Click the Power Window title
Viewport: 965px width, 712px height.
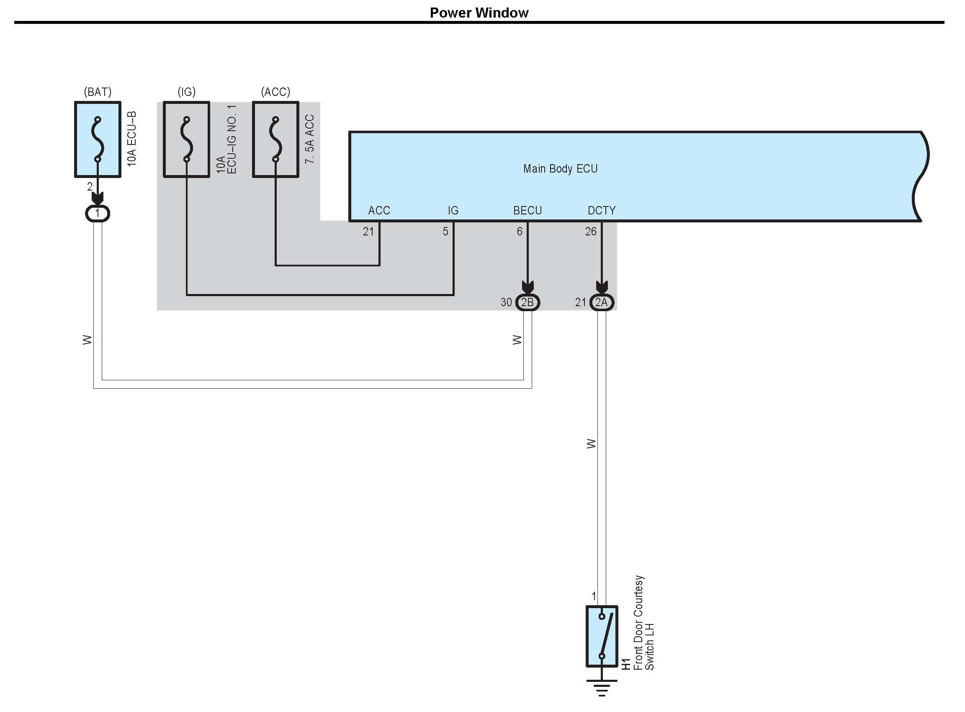click(x=479, y=13)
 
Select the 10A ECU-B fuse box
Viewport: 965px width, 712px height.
click(x=98, y=139)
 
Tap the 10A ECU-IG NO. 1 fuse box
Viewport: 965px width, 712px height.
click(x=187, y=139)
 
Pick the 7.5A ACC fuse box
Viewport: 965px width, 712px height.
click(x=275, y=139)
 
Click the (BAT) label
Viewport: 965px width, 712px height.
click(x=98, y=92)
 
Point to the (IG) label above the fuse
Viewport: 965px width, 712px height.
click(x=187, y=92)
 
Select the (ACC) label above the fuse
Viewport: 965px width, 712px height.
click(x=275, y=92)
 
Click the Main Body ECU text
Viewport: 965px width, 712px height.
click(x=560, y=168)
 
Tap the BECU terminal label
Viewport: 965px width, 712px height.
click(x=528, y=210)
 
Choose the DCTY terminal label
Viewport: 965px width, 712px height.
click(x=602, y=210)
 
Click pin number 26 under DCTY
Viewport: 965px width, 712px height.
click(x=591, y=232)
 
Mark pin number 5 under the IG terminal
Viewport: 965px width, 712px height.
click(x=445, y=232)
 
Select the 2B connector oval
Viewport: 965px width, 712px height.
click(x=528, y=302)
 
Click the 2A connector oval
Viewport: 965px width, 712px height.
click(x=602, y=302)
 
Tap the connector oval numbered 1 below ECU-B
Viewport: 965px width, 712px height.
click(x=98, y=213)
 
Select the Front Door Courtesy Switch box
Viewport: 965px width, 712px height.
click(x=602, y=636)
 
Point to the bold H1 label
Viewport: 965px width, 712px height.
click(x=626, y=664)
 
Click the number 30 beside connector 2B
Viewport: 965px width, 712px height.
click(x=506, y=302)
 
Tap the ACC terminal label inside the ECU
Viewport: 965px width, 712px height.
click(x=379, y=210)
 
